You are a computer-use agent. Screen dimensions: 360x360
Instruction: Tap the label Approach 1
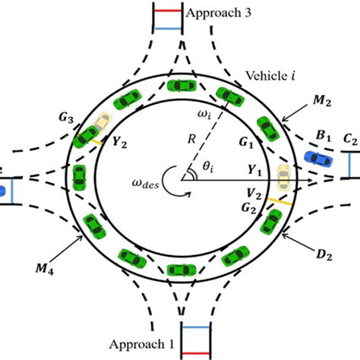[x=145, y=344]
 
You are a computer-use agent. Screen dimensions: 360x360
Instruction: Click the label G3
[x=65, y=118]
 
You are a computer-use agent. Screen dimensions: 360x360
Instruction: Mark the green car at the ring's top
[x=181, y=85]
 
